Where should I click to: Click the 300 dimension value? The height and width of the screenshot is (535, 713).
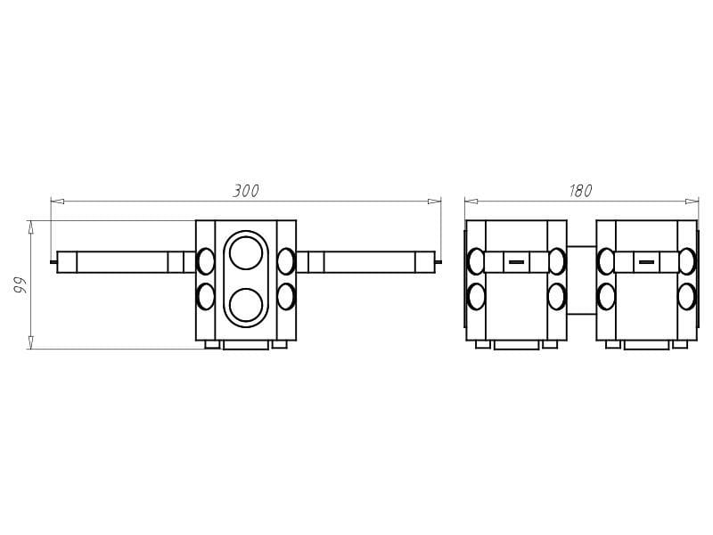(246, 191)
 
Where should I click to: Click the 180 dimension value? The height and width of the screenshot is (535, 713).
(581, 191)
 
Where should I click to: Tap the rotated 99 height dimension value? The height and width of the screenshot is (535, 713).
(20, 284)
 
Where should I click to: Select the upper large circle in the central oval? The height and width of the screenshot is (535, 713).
(246, 253)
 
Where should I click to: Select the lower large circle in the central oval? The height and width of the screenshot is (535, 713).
(246, 304)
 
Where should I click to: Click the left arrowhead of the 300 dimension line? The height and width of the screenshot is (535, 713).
(57, 202)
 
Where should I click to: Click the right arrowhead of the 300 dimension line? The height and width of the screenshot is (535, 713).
(434, 202)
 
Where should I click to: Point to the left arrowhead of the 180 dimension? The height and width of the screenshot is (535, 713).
(471, 202)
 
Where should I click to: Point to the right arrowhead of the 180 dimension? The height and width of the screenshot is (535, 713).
(692, 202)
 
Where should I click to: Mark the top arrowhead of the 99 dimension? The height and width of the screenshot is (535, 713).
(31, 227)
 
